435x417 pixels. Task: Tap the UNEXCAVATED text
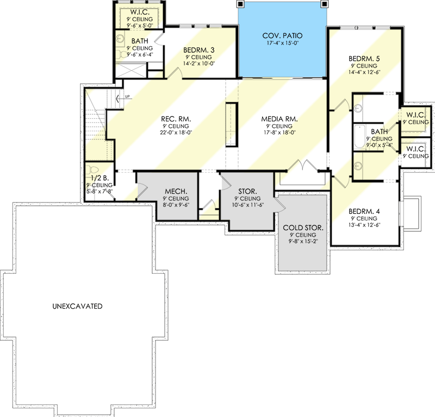(x=78, y=306)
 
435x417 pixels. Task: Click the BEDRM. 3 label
(x=198, y=50)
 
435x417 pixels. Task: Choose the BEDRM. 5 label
(x=363, y=58)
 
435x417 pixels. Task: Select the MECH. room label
(x=176, y=192)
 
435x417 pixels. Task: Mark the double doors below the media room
(x=302, y=165)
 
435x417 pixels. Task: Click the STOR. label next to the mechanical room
(x=247, y=192)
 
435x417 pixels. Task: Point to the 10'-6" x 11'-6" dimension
(x=247, y=205)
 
